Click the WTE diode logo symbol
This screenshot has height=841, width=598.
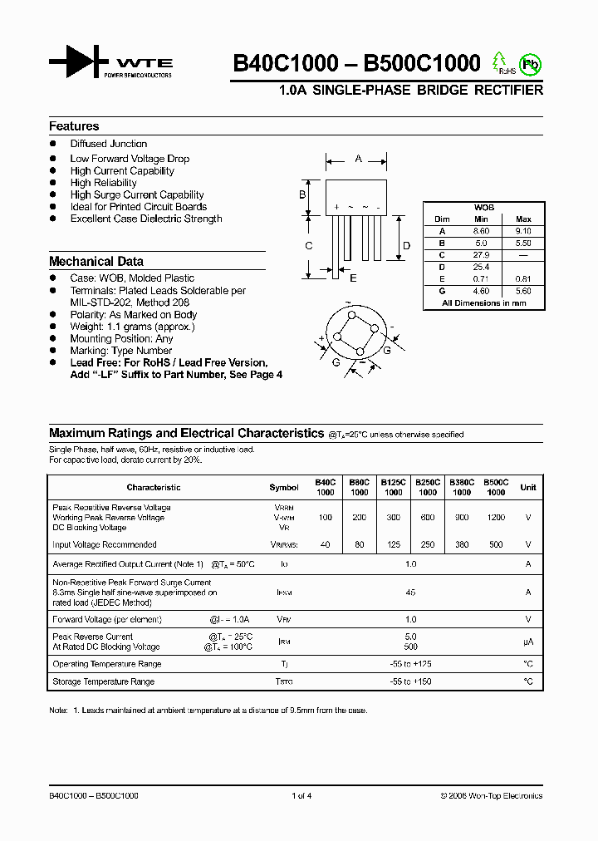(78, 62)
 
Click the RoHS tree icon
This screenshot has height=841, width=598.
(499, 62)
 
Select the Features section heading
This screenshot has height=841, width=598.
(74, 126)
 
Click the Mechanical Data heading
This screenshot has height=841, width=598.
(96, 261)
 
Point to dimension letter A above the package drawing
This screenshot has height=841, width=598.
(358, 158)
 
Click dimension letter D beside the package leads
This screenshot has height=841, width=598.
(406, 245)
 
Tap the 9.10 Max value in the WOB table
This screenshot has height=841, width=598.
(523, 231)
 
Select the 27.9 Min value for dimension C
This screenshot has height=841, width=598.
(482, 255)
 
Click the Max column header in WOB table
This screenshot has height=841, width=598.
(523, 219)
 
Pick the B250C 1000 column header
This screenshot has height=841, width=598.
(427, 487)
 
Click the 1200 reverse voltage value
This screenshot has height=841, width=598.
(496, 518)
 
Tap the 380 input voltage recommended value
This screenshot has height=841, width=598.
(462, 545)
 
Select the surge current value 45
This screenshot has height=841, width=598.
(409, 593)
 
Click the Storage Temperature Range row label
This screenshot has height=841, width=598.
(103, 681)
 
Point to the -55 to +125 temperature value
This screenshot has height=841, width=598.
(409, 664)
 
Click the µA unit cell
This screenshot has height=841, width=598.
(527, 642)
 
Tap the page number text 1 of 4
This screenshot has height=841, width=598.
(301, 796)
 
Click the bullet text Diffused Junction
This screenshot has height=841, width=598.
(109, 144)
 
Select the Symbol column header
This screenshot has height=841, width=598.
(283, 488)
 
